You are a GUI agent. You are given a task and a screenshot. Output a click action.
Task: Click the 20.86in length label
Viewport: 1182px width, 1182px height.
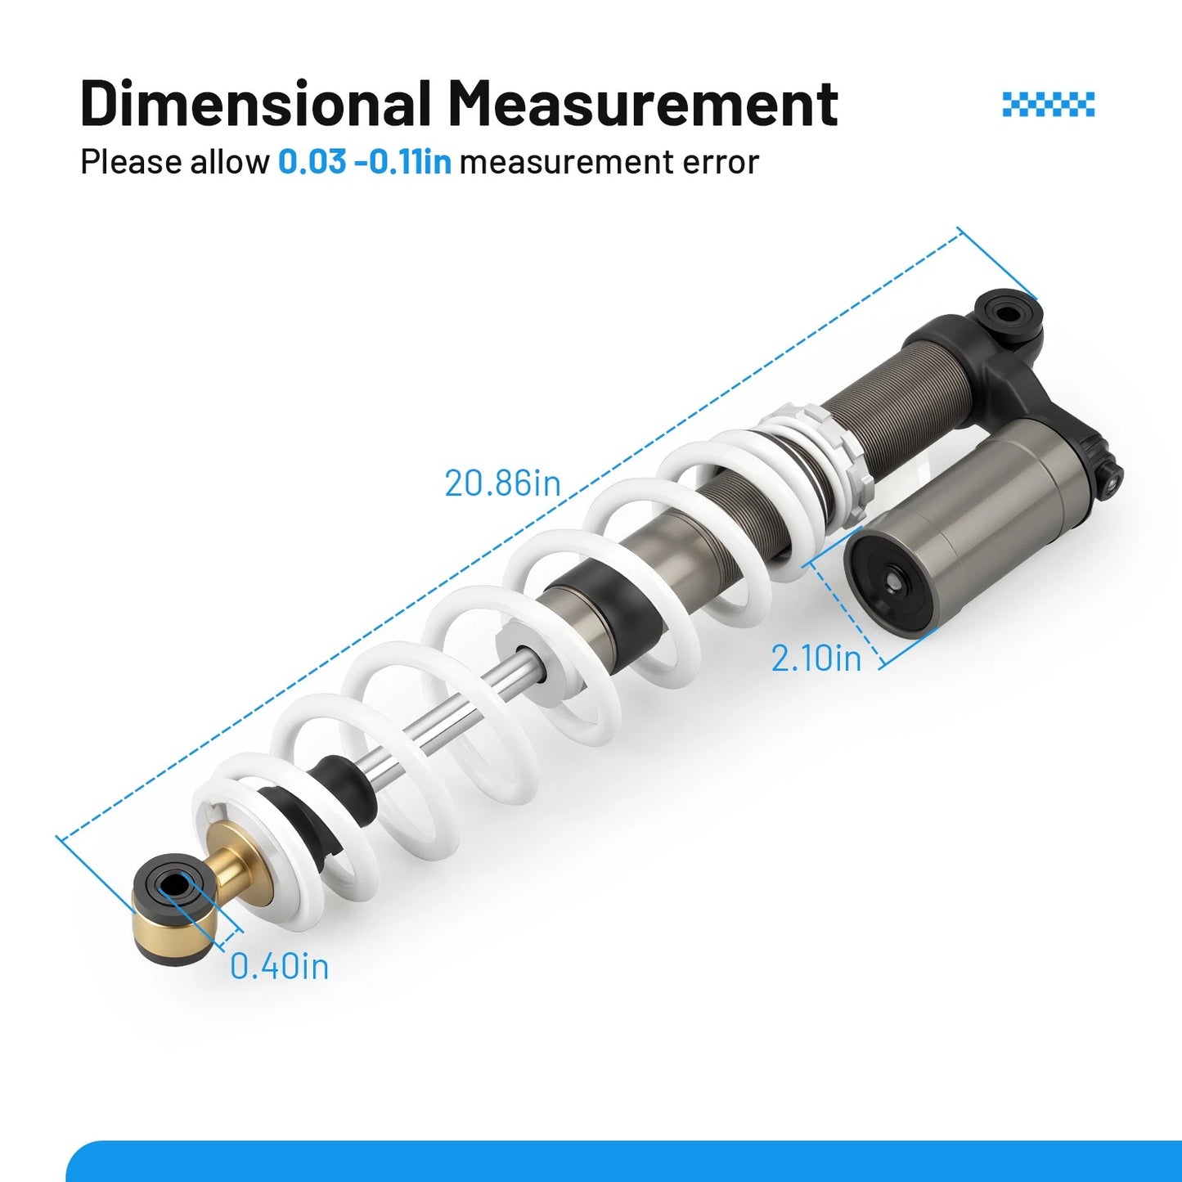(502, 484)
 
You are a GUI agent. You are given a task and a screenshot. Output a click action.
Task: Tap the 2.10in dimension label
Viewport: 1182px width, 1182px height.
(816, 658)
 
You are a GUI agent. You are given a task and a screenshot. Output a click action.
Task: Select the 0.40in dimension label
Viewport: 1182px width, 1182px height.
(279, 966)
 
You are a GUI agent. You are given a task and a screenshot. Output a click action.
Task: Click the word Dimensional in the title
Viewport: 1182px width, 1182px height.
(254, 103)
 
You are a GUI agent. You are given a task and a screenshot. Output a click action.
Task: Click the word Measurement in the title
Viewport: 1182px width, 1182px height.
(643, 103)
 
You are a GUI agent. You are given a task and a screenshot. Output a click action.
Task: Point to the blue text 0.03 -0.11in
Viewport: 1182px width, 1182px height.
(365, 163)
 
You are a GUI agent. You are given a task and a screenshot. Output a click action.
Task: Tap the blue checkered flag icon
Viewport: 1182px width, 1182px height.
(1049, 104)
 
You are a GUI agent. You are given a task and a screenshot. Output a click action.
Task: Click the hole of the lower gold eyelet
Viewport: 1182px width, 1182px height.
(176, 884)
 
